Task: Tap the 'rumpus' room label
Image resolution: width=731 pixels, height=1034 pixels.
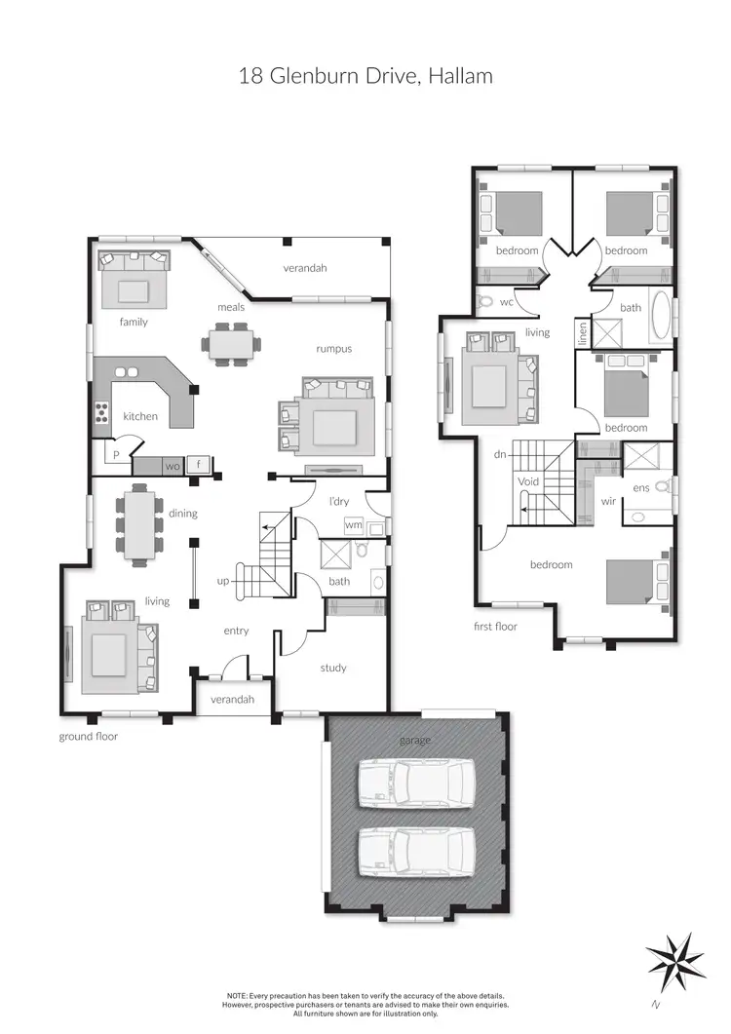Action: tap(333, 349)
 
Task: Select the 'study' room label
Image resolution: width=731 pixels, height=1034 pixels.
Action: tap(333, 669)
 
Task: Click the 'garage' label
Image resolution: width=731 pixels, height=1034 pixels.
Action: tap(415, 741)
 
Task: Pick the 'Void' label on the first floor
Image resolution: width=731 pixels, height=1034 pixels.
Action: tap(528, 482)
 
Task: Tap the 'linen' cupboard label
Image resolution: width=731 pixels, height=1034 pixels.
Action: tap(583, 332)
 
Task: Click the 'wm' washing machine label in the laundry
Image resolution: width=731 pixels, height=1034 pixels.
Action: tap(354, 525)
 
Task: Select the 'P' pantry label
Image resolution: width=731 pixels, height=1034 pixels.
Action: tap(115, 455)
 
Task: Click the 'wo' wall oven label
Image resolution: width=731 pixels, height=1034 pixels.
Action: tap(173, 466)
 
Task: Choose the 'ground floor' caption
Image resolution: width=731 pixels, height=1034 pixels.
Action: tap(89, 737)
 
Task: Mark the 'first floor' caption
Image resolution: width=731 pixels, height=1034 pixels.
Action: tap(495, 627)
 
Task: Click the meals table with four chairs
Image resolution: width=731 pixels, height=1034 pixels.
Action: tap(231, 343)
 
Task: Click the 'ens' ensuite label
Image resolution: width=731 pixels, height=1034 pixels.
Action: tap(640, 486)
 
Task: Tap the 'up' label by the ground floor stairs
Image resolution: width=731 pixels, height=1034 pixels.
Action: tap(223, 581)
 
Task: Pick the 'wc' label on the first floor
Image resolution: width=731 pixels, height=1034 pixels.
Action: tap(507, 302)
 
